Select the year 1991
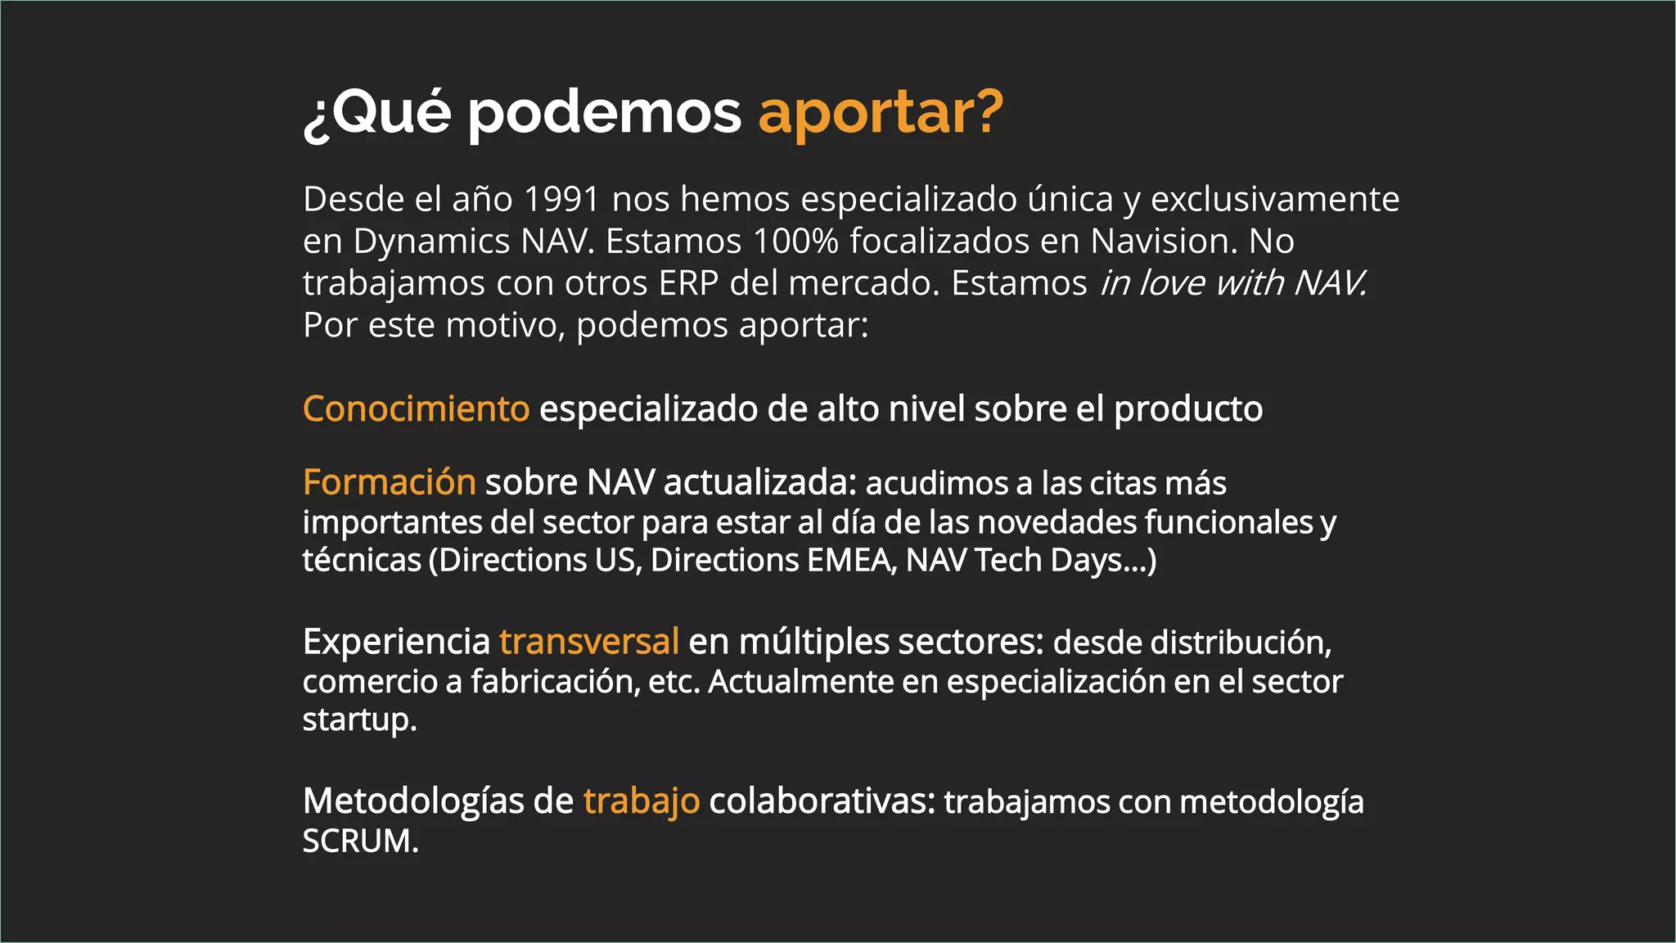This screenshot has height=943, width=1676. [561, 199]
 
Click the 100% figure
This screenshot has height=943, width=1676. [795, 241]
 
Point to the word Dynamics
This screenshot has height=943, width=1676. [432, 241]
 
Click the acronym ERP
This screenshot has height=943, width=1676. [688, 283]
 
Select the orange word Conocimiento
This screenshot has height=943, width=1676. [416, 408]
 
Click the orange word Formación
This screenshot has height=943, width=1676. [389, 482]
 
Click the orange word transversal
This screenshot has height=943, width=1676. [588, 641]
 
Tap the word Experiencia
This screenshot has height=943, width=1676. [396, 641]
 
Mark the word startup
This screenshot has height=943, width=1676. [359, 720]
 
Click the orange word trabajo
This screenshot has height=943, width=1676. [641, 801]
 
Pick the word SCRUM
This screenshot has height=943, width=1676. [360, 841]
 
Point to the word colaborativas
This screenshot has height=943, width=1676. [822, 801]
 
